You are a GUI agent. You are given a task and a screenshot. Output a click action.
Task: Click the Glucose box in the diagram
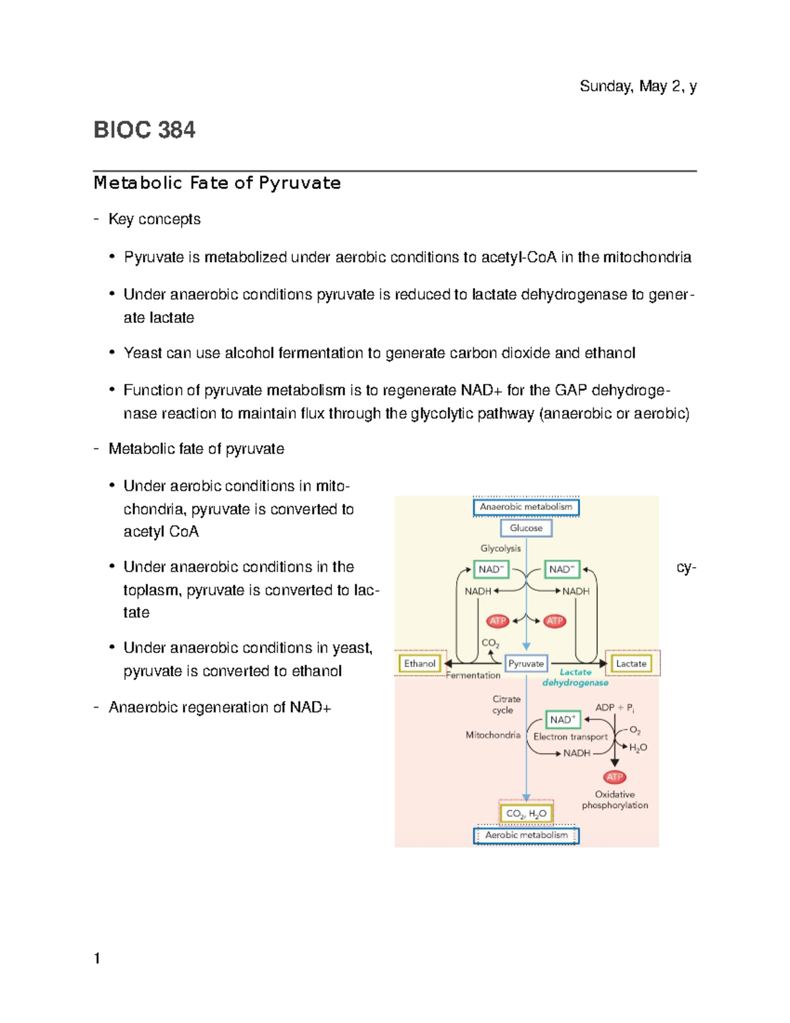(x=526, y=528)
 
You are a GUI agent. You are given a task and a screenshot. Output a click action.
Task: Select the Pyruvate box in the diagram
(x=526, y=663)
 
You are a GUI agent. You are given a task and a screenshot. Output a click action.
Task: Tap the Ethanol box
(x=419, y=663)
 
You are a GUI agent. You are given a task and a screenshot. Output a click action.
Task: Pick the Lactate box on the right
(x=631, y=663)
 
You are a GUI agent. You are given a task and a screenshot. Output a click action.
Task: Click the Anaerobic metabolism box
(x=526, y=507)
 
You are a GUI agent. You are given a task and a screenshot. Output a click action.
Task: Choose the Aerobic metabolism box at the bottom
(x=526, y=835)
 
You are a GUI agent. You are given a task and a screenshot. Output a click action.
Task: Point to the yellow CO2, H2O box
(x=526, y=814)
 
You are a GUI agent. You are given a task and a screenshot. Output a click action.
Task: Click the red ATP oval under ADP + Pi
(x=614, y=777)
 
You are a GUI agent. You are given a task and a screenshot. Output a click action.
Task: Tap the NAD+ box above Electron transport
(x=562, y=719)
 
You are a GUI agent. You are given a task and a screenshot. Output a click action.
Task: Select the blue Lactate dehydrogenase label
(x=575, y=677)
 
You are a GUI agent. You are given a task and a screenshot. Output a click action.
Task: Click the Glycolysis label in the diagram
(x=500, y=548)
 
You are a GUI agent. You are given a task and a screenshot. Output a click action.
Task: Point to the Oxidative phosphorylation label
(x=615, y=800)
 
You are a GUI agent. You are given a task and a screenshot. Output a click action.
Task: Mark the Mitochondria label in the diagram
(x=493, y=735)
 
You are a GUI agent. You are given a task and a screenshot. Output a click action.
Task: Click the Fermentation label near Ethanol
(x=474, y=675)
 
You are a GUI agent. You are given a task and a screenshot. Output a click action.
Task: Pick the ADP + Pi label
(x=614, y=707)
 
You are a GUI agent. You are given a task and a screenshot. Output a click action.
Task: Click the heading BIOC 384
(x=144, y=130)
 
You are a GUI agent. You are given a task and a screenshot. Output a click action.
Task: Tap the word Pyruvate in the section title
(x=300, y=183)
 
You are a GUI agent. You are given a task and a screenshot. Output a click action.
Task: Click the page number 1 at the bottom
(x=97, y=958)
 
